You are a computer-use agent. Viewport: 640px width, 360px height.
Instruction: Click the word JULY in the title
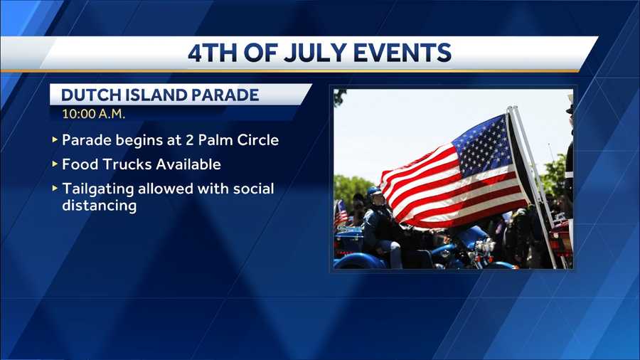point(316,53)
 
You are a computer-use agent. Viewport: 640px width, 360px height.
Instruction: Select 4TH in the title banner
point(212,53)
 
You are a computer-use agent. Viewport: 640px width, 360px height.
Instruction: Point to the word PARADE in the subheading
point(225,95)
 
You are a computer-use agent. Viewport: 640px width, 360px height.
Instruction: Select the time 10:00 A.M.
point(93,114)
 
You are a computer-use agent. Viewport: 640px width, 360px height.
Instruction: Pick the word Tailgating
point(98,189)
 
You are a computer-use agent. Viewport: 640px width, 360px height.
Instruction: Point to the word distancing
point(99,206)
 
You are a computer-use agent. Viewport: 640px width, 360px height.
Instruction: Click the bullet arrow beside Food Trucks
point(55,164)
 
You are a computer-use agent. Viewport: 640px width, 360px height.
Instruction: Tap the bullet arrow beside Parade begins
point(55,139)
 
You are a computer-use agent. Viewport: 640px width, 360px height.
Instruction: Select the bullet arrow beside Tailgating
point(55,188)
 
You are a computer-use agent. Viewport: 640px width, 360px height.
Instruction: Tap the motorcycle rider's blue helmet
point(373,191)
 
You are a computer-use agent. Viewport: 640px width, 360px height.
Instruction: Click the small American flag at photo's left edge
point(340,213)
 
